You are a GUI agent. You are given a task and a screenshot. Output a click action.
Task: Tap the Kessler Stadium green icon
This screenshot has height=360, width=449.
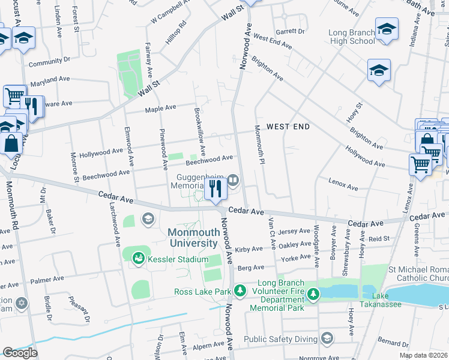click(x=139, y=258)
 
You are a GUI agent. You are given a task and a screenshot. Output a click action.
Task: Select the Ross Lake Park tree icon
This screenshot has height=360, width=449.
click(x=240, y=292)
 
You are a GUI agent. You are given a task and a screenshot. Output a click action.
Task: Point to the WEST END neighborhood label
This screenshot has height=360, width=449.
click(x=288, y=127)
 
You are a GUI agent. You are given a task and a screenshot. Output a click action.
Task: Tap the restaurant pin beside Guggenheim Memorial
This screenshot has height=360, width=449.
click(x=214, y=188)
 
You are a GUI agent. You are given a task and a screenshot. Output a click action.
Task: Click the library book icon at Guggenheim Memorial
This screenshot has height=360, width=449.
click(x=233, y=179)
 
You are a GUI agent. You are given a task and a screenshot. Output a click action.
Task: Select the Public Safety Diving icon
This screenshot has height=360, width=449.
click(x=327, y=338)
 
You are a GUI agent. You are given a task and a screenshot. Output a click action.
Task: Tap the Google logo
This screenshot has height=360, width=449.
click(x=20, y=353)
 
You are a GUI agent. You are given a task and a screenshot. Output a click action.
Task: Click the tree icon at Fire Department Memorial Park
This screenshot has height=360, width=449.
click(x=313, y=293)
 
